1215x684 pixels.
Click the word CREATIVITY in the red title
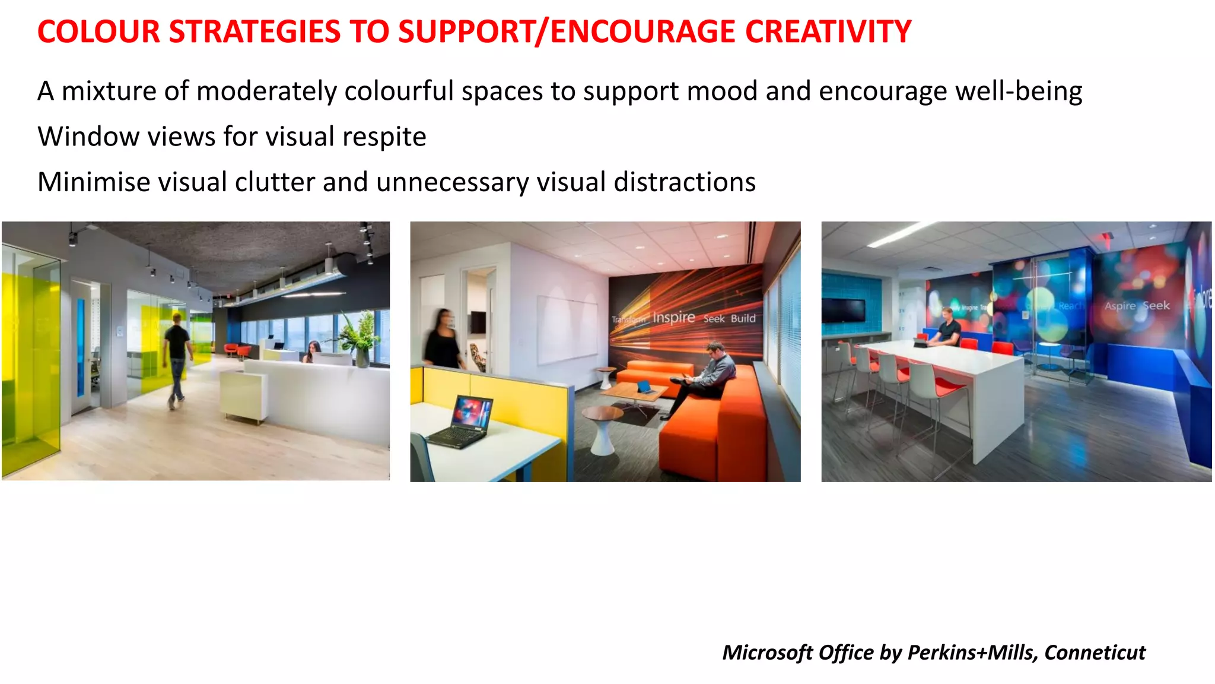pos(828,31)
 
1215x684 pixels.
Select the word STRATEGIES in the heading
pos(255,31)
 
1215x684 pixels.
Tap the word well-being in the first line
pos(1019,91)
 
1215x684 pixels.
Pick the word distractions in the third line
pos(685,182)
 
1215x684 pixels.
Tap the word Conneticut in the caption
pos(1095,652)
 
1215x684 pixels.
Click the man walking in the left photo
pos(177,358)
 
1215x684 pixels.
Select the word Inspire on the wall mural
pos(673,317)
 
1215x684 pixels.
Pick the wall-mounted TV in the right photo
pos(842,310)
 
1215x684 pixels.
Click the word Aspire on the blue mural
pos(1119,306)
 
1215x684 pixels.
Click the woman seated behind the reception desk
pos(313,351)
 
